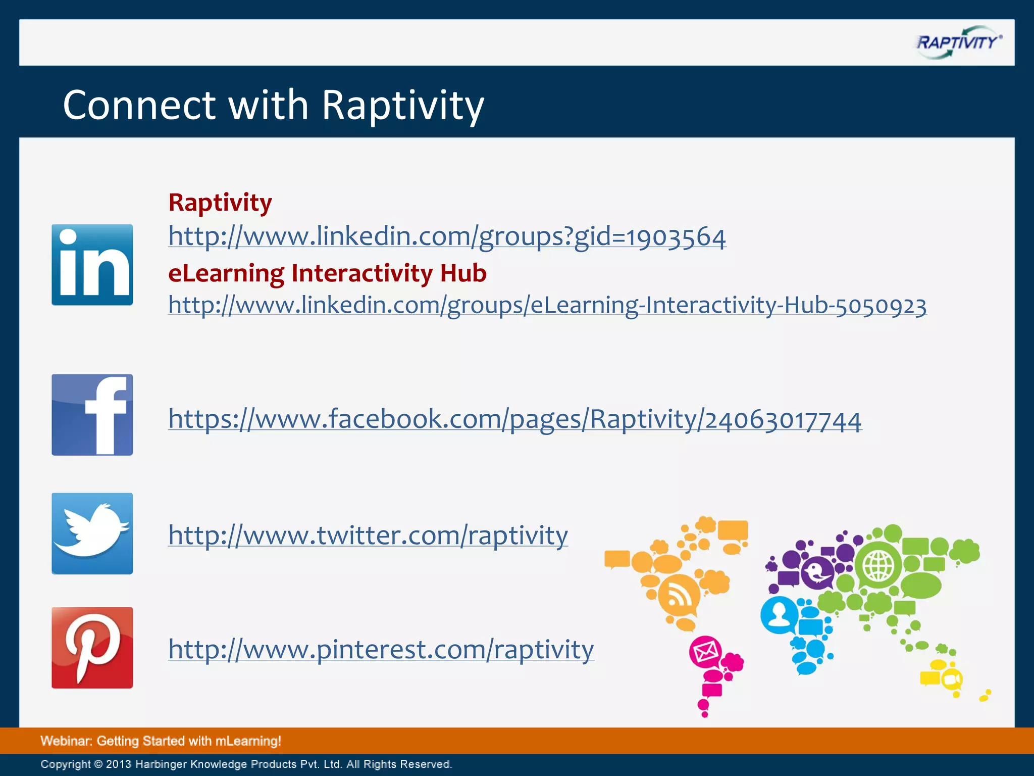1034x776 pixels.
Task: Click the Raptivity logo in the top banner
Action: [958, 42]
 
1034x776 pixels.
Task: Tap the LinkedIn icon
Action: [92, 265]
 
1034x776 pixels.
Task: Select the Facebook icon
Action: [92, 415]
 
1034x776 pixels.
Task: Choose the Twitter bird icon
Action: [92, 533]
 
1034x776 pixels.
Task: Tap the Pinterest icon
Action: [92, 648]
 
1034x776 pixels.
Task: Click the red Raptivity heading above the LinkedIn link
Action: [220, 203]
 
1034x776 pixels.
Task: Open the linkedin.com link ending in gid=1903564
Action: [447, 236]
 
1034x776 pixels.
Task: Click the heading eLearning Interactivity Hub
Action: [327, 273]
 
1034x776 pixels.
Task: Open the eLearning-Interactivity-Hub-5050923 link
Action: [547, 305]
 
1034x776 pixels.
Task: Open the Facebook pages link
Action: [515, 419]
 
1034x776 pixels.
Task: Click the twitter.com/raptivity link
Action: [368, 536]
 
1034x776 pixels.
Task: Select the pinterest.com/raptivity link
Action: [381, 650]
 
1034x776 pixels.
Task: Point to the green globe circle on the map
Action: [878, 565]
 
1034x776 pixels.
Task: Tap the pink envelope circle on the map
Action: [705, 652]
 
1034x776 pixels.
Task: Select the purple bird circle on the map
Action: [817, 572]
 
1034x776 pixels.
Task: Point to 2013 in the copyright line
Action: [119, 764]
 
